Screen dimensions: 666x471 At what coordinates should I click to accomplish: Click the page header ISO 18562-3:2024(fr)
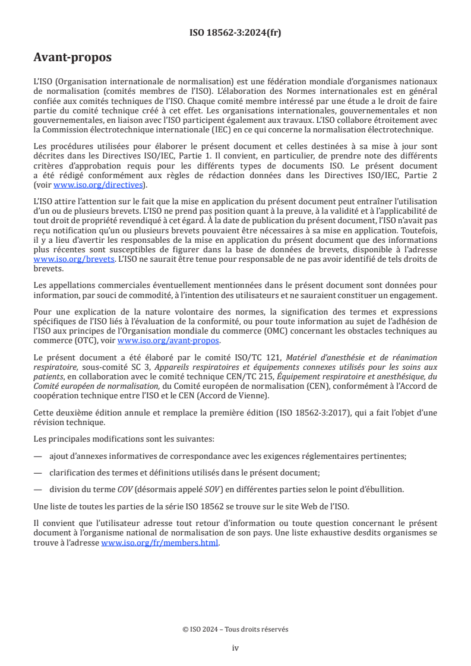pos(235,33)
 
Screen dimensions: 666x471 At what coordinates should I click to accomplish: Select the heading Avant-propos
pos(72,58)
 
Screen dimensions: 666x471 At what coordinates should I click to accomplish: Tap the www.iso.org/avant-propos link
pos(168,341)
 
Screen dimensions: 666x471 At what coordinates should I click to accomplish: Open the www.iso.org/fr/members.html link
pos(160,543)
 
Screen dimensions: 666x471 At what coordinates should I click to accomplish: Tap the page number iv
pos(235,648)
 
